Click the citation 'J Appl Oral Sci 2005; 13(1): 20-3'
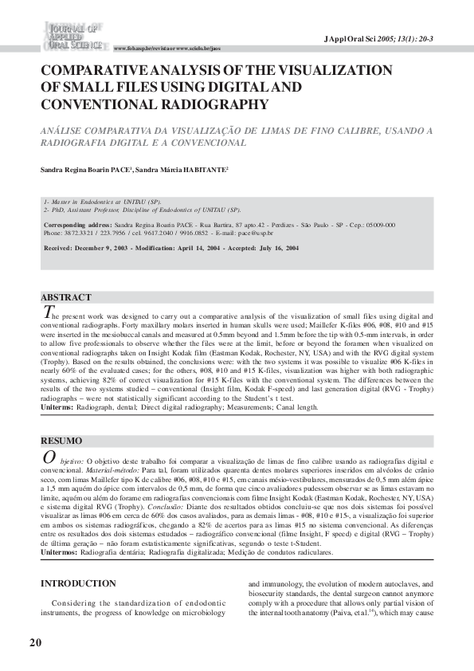(390, 39)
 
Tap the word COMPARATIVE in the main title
(102, 71)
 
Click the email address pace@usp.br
(257, 233)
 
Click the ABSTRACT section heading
(66, 297)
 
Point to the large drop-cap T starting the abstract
(47, 312)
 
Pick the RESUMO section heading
(61, 441)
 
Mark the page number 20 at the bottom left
(35, 642)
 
